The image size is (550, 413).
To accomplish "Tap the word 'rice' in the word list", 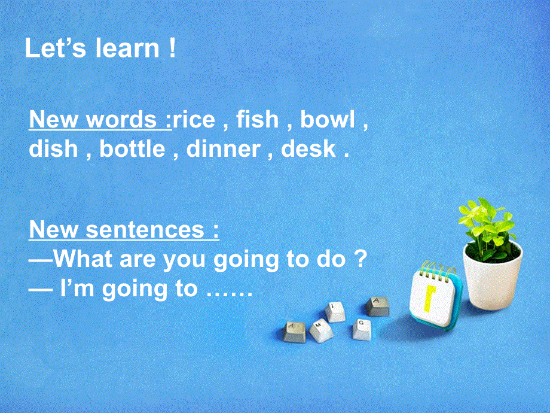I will [194, 120].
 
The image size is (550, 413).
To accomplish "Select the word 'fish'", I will [258, 120].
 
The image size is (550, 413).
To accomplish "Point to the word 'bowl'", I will [327, 120].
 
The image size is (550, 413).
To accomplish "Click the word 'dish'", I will [53, 148].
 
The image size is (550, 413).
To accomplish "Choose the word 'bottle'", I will [132, 148].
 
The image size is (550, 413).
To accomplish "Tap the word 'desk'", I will [308, 148].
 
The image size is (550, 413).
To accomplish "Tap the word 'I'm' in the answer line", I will [79, 289].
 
